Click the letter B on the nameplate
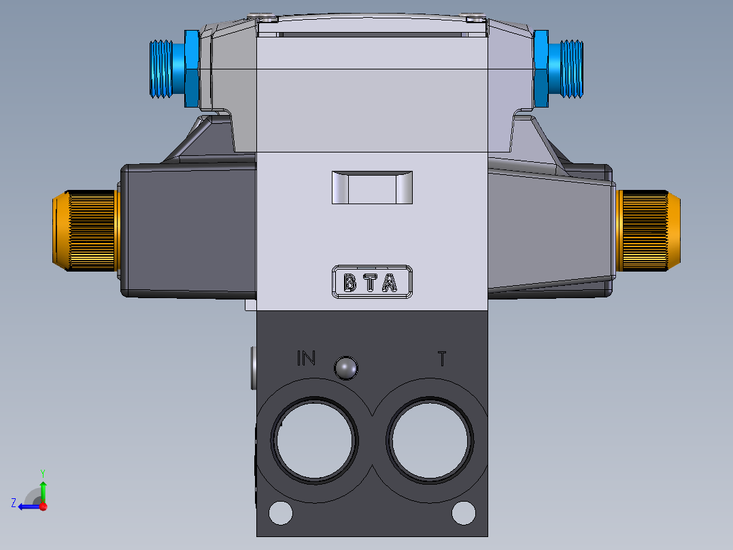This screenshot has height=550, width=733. (x=350, y=282)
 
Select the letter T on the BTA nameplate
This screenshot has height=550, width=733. (x=369, y=282)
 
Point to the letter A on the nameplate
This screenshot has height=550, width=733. (x=390, y=282)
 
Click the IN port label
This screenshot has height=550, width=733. (x=306, y=358)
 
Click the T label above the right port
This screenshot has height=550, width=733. (x=442, y=358)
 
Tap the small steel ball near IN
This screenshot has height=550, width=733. (x=345, y=368)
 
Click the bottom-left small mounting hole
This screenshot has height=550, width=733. (x=279, y=513)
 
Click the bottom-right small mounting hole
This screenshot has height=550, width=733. (x=464, y=513)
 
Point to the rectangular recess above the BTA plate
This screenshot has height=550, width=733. (x=371, y=188)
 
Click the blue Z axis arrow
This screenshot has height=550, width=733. (x=27, y=506)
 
